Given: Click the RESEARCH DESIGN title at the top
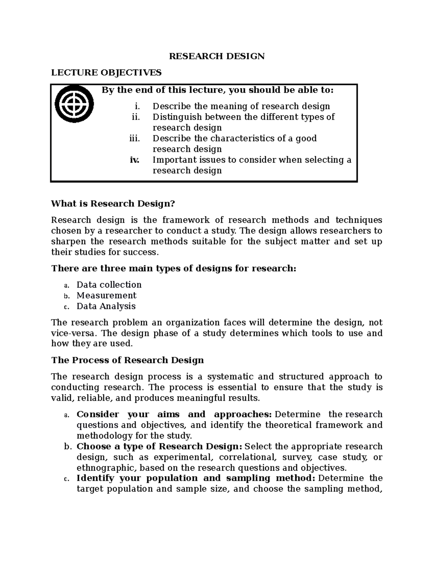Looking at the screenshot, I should pyautogui.click(x=217, y=56).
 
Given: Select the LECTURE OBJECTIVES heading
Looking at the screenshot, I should pyautogui.click(x=106, y=73).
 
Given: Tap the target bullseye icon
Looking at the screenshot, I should pyautogui.click(x=75, y=104).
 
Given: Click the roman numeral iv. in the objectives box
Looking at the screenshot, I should pyautogui.click(x=134, y=160).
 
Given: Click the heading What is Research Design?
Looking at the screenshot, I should pyautogui.click(x=113, y=204).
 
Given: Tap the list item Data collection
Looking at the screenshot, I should pyautogui.click(x=109, y=285).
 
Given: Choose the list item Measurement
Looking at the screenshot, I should pyautogui.click(x=106, y=295).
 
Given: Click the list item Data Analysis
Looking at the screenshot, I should pyautogui.click(x=106, y=306).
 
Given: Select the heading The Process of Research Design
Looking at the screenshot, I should pyautogui.click(x=127, y=360).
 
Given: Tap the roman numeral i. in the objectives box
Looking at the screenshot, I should pyautogui.click(x=136, y=106).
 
